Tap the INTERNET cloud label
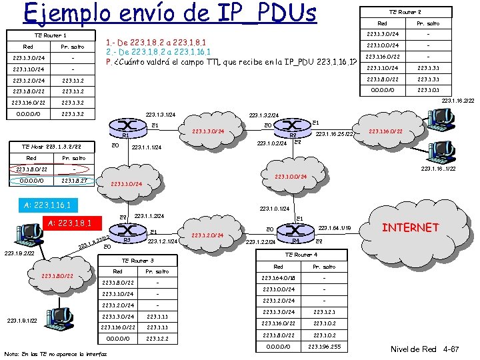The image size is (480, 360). [410, 228]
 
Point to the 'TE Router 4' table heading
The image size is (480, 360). [301, 255]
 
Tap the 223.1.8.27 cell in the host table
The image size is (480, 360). [73, 180]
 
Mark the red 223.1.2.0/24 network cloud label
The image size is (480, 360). [207, 235]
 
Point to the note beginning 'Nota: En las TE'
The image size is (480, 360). [47, 353]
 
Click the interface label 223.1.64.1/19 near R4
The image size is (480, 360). [336, 228]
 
